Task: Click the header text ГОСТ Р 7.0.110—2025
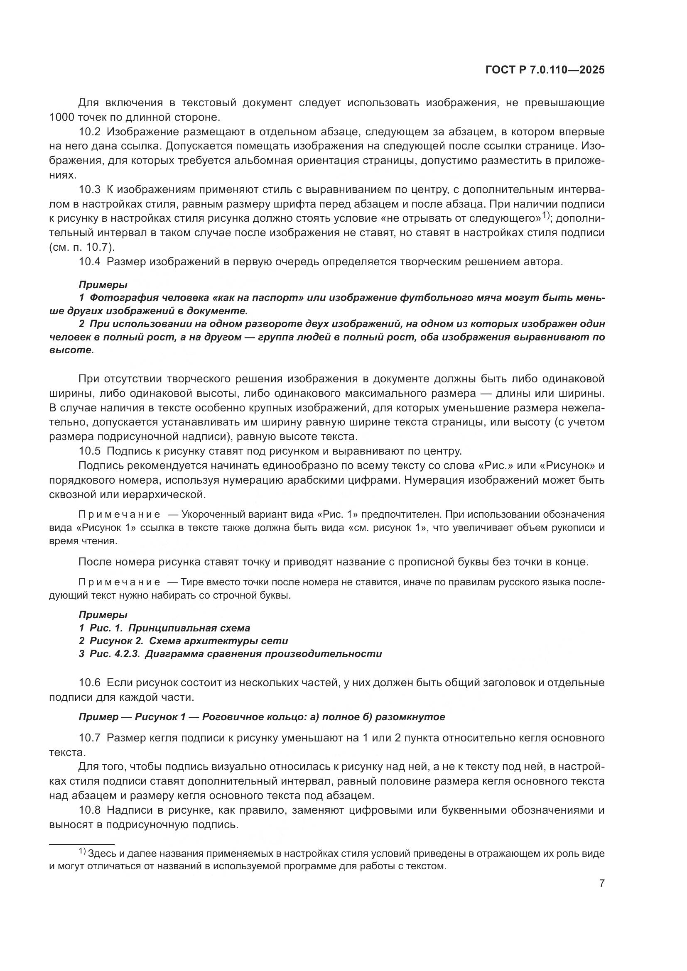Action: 545,70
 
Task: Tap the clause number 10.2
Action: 90,132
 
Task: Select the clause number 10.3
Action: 90,189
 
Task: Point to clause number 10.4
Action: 90,262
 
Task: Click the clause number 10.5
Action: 90,451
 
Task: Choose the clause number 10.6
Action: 90,682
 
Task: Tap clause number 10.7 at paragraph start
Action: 90,739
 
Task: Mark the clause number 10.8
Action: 90,811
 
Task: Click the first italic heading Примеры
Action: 103,285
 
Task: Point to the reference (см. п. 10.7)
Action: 82,247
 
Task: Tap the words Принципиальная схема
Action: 189,628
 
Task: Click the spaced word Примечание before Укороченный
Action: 119,515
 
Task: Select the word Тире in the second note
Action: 191,582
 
